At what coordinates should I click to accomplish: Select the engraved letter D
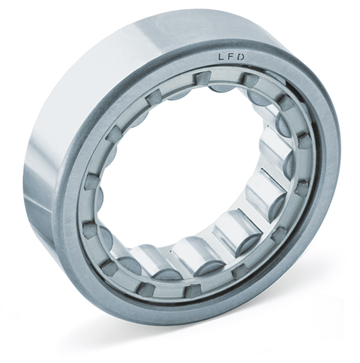click(241, 57)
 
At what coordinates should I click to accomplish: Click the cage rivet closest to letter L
click(202, 80)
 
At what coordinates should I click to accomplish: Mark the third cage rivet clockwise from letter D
click(304, 141)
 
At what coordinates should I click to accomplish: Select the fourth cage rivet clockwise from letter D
click(302, 188)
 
